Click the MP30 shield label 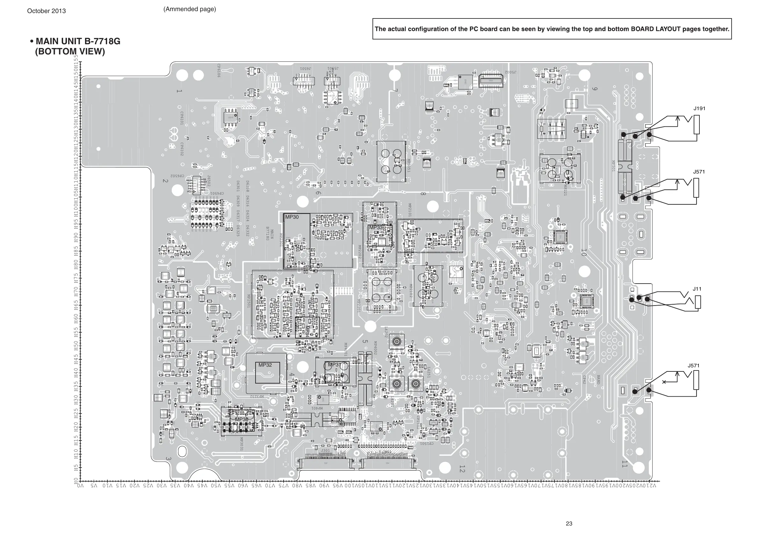coord(292,217)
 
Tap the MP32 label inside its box coord(265,365)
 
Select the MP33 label coord(376,228)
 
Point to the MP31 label coord(334,364)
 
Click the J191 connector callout coord(699,109)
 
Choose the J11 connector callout coord(697,289)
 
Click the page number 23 coord(569,524)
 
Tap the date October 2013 coord(46,11)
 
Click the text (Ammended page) coord(189,9)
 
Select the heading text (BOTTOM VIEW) coord(70,52)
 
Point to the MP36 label coord(241,420)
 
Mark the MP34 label coord(307,331)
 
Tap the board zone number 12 coord(462,469)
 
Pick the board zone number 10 coord(583,253)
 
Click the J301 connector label coord(325,450)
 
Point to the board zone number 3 coord(168,459)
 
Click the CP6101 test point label coord(182,118)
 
